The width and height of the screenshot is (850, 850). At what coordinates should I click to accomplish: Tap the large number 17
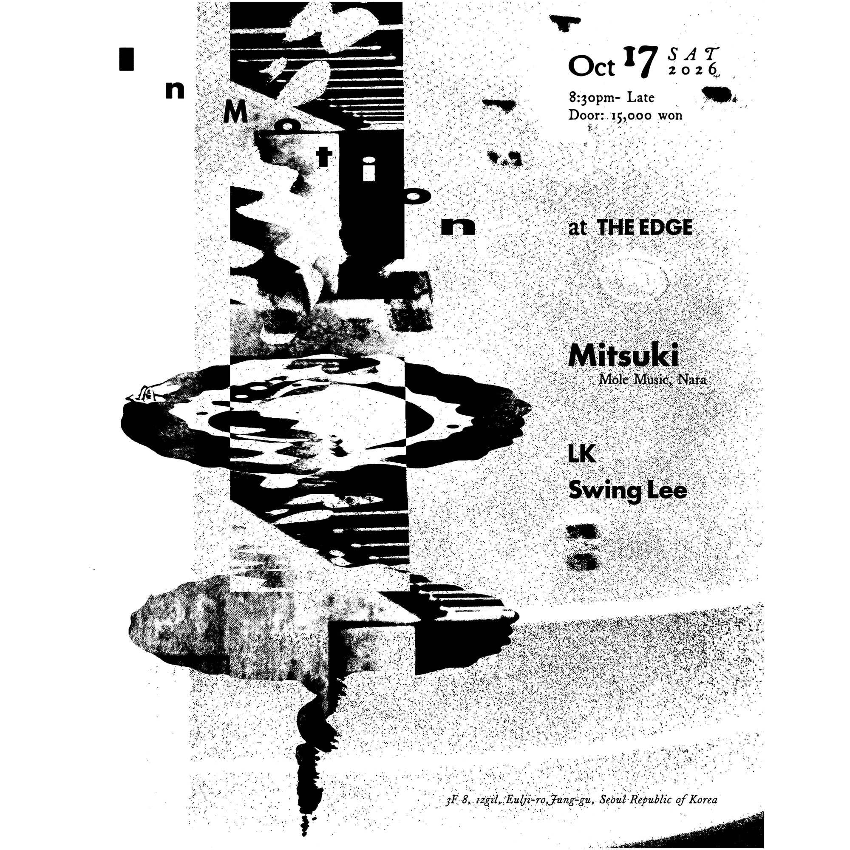[x=640, y=62]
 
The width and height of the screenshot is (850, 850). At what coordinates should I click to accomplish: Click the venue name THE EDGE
[x=646, y=228]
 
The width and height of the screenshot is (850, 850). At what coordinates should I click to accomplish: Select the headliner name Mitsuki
[x=623, y=357]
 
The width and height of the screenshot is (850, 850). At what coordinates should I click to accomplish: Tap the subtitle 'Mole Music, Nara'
[x=652, y=379]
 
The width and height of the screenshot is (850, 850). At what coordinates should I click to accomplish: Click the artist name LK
[x=582, y=455]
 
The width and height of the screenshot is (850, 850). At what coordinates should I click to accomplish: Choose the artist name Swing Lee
[x=628, y=491]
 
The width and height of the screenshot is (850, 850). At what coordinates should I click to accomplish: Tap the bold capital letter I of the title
[x=126, y=59]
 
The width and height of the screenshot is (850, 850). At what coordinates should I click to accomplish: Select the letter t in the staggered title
[x=324, y=158]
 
